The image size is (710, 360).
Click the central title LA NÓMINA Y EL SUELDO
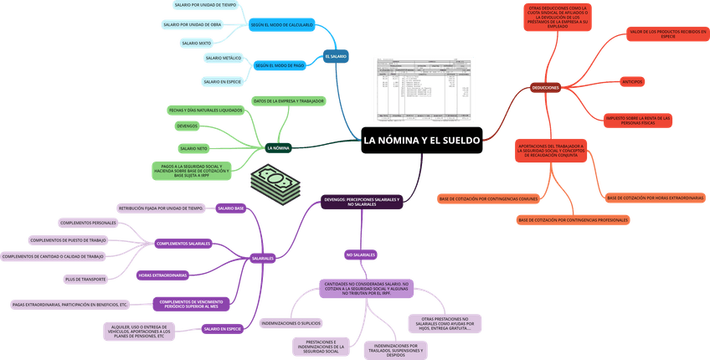(422, 140)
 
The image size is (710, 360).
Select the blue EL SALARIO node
(336, 56)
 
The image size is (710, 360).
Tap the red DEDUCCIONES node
(546, 87)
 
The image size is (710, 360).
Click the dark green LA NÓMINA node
(278, 148)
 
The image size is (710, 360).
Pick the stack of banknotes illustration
(275, 185)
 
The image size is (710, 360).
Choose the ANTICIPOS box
(631, 81)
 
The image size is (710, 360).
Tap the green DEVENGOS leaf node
(188, 126)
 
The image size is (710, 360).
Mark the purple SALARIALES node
(263, 259)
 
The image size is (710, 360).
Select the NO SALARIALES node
(360, 255)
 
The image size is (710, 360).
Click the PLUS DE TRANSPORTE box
(84, 279)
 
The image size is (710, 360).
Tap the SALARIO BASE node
(231, 208)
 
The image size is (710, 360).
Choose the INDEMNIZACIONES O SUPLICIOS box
(291, 322)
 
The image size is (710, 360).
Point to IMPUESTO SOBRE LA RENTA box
(638, 121)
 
